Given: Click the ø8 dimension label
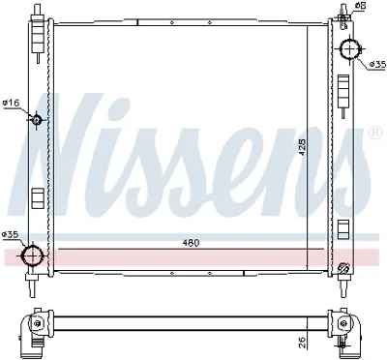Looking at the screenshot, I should pyautogui.click(x=360, y=7).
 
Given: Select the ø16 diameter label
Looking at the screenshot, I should pyautogui.click(x=11, y=104).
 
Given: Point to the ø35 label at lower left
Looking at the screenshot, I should pyautogui.click(x=11, y=235).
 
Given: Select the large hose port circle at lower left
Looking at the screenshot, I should pyautogui.click(x=34, y=255).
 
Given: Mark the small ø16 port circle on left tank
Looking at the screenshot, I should pyautogui.click(x=36, y=120).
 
